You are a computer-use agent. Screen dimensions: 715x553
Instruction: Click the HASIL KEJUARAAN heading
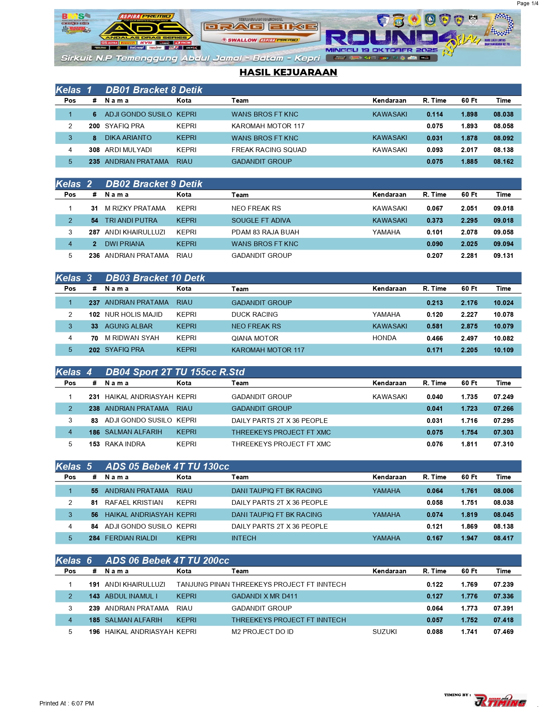click(x=288, y=72)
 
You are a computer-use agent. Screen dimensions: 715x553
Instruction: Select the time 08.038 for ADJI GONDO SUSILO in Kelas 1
click(x=503, y=114)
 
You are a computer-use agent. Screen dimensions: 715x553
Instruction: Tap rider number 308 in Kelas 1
click(x=94, y=150)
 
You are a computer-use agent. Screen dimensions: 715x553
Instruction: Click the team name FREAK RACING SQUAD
click(x=268, y=150)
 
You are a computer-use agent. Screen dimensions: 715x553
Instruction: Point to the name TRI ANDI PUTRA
click(x=131, y=221)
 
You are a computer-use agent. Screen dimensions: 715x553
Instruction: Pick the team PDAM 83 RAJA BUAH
click(x=265, y=232)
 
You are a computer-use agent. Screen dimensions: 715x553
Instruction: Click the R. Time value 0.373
click(x=435, y=221)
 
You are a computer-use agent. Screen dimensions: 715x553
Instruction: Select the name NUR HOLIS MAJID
click(x=134, y=315)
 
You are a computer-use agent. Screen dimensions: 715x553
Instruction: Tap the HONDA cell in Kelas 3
click(x=384, y=338)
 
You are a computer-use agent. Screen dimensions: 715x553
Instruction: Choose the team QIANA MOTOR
click(x=255, y=338)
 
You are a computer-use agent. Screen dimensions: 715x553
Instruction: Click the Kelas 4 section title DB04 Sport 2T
click(x=175, y=372)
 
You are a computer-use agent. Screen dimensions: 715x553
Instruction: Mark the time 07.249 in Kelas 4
click(x=503, y=397)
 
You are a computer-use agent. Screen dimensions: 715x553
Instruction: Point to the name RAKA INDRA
click(x=125, y=444)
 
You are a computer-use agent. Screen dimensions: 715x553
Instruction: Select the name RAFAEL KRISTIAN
click(x=134, y=503)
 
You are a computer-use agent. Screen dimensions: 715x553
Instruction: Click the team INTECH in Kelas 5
click(x=244, y=538)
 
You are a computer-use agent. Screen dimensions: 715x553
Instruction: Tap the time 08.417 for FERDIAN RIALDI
click(x=503, y=538)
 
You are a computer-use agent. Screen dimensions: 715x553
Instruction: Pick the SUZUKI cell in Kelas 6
click(x=384, y=632)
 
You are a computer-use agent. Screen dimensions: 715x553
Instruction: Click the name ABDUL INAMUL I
click(x=131, y=596)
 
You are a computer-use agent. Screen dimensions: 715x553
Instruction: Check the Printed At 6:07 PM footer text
click(x=66, y=703)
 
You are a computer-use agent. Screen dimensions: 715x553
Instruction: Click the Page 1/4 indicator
click(x=527, y=3)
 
